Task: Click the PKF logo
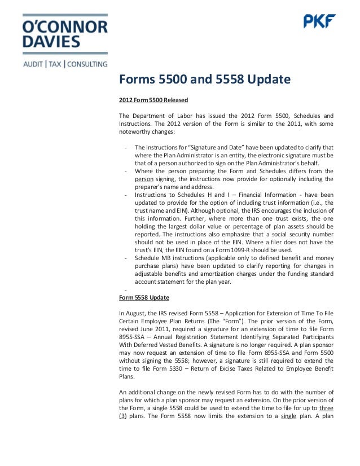320,21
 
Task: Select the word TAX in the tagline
56,63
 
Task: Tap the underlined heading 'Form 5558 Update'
144,297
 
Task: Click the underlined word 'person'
144,179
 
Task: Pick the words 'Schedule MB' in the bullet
154,257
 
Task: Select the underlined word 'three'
326,408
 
